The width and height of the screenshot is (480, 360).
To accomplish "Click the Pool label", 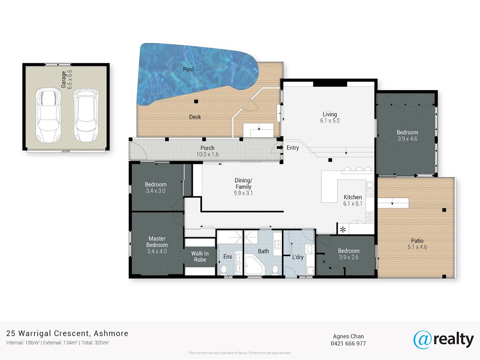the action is [x=188, y=69].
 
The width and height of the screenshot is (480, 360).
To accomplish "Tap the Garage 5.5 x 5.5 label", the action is [x=67, y=80].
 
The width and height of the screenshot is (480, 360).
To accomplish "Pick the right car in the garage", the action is [x=86, y=115].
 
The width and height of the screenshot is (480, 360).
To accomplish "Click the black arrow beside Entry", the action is [x=280, y=148].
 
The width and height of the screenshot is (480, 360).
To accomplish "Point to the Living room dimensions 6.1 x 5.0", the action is [x=330, y=121].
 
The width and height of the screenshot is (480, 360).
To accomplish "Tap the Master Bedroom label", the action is [x=157, y=242].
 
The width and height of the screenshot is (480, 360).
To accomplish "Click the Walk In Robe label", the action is [x=200, y=257].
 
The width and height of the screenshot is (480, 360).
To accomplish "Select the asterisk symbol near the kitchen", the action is [x=343, y=230].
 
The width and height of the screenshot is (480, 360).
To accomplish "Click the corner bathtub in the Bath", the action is [x=254, y=266].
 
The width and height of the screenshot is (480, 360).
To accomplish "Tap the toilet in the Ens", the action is [x=224, y=270].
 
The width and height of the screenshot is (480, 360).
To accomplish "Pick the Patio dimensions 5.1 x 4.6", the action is [x=417, y=247].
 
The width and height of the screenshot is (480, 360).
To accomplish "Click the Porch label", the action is [x=207, y=148].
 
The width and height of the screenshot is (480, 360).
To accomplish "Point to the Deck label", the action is [x=195, y=117].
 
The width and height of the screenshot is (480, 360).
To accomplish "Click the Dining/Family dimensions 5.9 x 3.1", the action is [x=243, y=193].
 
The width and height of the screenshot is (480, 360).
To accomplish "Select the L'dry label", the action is [x=298, y=257].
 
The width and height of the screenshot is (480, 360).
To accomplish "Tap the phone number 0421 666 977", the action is [x=348, y=344].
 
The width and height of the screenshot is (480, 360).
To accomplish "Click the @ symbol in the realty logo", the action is [x=423, y=340].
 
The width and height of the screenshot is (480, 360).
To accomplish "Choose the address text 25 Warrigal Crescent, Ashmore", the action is [x=67, y=334].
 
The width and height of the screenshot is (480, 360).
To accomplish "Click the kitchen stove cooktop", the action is [x=370, y=217].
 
